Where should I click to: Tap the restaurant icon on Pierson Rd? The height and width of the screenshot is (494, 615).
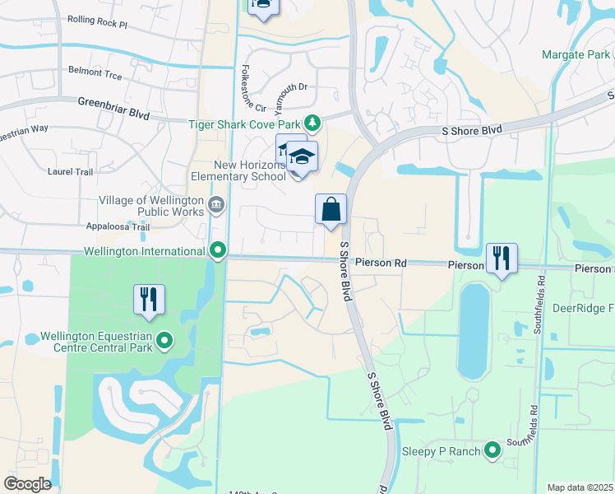(x=502, y=259)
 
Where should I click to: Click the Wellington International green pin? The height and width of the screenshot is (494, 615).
(x=218, y=249)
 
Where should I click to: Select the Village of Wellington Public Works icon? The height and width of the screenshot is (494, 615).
(x=216, y=204)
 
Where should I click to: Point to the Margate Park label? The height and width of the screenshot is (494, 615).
(x=576, y=55)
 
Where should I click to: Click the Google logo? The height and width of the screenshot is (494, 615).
(x=27, y=484)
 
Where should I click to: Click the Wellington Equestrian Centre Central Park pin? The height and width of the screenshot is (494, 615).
(x=164, y=339)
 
